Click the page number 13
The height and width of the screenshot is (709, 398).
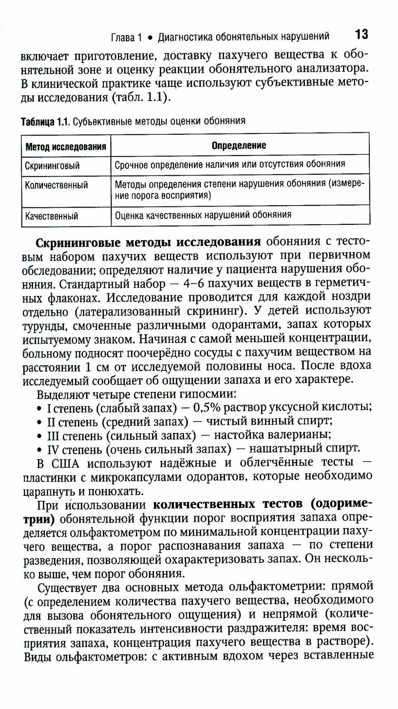tap(361, 34)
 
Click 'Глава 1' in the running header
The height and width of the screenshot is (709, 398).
tap(125, 37)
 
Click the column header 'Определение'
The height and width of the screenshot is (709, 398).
tap(239, 145)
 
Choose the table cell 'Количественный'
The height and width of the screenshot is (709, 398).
tap(56, 185)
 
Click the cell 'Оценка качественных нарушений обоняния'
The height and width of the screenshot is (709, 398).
tap(203, 215)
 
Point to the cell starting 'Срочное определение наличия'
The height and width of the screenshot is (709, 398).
tap(230, 164)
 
